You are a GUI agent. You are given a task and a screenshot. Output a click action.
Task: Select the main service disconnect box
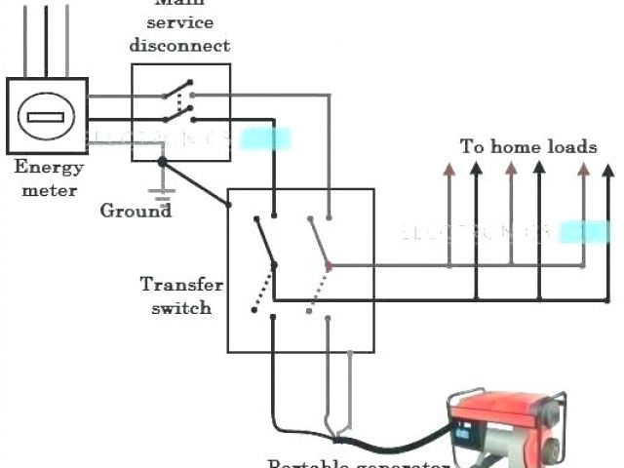coord(180,112)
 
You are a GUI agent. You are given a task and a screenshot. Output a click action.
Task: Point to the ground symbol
coord(163,196)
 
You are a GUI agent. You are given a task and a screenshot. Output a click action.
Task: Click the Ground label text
coord(136,211)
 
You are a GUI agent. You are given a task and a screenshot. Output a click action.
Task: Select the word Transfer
coord(181,286)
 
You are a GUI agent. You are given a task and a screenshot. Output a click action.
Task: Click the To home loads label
coord(528,147)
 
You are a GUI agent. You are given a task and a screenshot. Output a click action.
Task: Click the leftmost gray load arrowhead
coord(448,169)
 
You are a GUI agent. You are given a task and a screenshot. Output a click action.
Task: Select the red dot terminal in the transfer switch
coord(329,265)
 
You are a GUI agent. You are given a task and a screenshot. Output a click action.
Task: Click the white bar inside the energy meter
coord(45,117)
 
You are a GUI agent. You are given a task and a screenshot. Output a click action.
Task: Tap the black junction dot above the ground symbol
coord(163,161)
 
